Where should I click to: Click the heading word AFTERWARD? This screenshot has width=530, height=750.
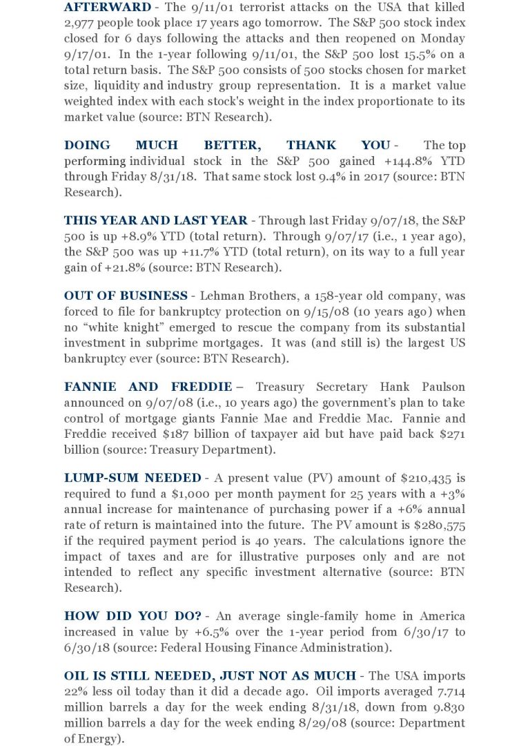[x=107, y=8]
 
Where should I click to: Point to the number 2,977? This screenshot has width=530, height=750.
[x=81, y=23]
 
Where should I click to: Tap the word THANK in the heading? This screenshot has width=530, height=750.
[x=311, y=146]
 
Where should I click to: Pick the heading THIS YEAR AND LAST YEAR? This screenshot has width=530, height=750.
[x=155, y=221]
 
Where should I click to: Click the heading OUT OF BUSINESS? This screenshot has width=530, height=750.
[x=126, y=296]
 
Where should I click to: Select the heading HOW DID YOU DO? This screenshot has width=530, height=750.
[x=137, y=616]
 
